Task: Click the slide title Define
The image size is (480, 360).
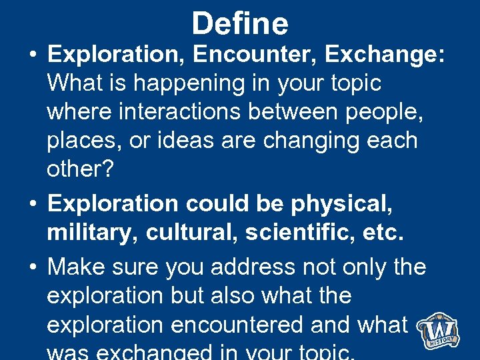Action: tap(240, 24)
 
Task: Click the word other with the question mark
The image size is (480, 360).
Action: tap(80, 169)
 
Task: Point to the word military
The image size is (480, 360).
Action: tap(91, 233)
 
